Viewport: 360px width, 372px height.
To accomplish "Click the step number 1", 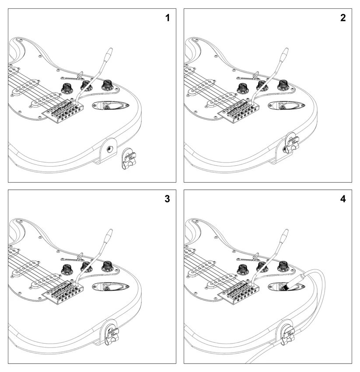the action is point(168,18).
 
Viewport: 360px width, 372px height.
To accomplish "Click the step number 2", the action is point(343,18).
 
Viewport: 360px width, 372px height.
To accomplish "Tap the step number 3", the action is point(167,199).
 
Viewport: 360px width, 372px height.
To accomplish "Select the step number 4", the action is point(343,199).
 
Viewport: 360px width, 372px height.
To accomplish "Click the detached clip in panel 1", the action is point(129,159).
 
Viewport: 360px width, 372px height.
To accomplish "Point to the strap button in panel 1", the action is point(110,149).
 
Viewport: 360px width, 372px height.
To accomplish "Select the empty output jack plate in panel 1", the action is point(110,105).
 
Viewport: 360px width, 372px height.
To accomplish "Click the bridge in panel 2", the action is point(239,111).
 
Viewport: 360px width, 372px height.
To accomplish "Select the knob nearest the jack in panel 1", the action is point(108,85).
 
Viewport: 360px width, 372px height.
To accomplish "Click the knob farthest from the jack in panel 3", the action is point(67,269).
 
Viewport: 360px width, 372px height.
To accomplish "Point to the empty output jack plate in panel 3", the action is point(110,286).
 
